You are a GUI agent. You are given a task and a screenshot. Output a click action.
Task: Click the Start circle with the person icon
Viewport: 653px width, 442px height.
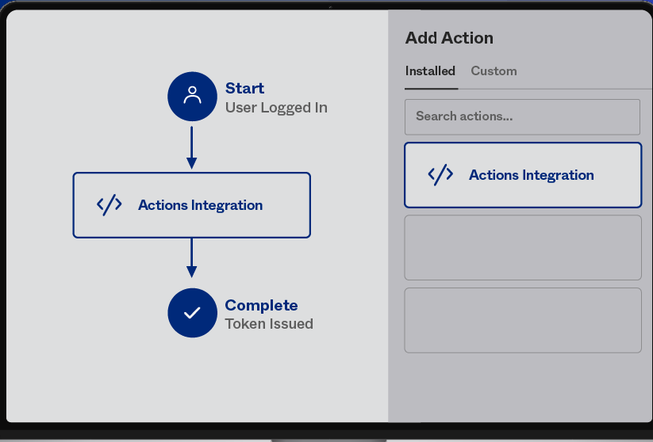click(x=192, y=97)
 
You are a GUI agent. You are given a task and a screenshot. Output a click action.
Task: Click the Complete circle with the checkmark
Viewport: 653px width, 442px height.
click(x=192, y=313)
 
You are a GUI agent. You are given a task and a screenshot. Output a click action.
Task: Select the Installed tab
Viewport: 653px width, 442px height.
click(x=430, y=71)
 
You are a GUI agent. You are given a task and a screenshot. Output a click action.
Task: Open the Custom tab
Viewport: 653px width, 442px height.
click(x=494, y=71)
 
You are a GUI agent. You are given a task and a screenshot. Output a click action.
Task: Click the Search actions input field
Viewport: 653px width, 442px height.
click(x=522, y=117)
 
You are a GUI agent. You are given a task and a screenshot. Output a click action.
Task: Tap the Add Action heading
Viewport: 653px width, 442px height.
click(x=449, y=38)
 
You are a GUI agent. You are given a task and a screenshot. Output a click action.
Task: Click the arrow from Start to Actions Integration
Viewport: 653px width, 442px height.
click(x=191, y=147)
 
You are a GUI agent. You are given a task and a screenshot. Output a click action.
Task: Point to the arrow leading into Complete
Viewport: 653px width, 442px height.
click(x=191, y=257)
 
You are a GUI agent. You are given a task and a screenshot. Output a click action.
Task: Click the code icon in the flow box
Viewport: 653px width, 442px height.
click(x=109, y=205)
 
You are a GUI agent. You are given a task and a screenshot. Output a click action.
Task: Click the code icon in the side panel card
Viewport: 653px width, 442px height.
click(x=440, y=174)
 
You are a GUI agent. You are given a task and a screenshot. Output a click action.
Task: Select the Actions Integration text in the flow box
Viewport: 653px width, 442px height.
click(x=200, y=205)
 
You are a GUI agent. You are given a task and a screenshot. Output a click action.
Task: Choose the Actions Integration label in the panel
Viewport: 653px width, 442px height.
click(x=532, y=175)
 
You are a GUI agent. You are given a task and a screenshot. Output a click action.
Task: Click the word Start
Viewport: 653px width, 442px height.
click(x=244, y=88)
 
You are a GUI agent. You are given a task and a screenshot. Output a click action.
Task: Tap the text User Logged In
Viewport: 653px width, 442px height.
click(x=276, y=108)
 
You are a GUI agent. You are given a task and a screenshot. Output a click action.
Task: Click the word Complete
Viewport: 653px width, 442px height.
click(x=261, y=305)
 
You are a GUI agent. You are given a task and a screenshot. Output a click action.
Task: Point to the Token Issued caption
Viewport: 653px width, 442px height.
click(x=269, y=324)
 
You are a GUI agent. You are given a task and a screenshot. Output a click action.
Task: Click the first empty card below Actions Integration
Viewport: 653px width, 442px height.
click(x=523, y=247)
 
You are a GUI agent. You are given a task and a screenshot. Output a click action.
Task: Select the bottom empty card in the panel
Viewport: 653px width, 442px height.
click(x=523, y=320)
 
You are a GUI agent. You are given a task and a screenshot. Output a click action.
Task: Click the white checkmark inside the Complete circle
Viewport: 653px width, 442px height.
click(x=192, y=313)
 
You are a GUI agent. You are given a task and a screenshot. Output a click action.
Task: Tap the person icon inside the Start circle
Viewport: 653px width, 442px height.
click(x=192, y=95)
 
